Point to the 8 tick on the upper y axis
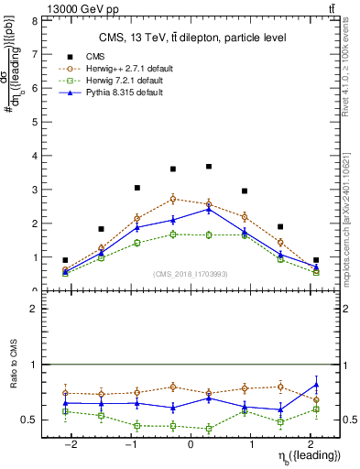pyautogui.click(x=33, y=20)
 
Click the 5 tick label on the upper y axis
pyautogui.click(x=33, y=122)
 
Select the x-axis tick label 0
pyautogui.click(x=191, y=444)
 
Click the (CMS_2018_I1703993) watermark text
pyautogui.click(x=191, y=272)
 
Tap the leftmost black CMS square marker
pyautogui.click(x=65, y=260)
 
